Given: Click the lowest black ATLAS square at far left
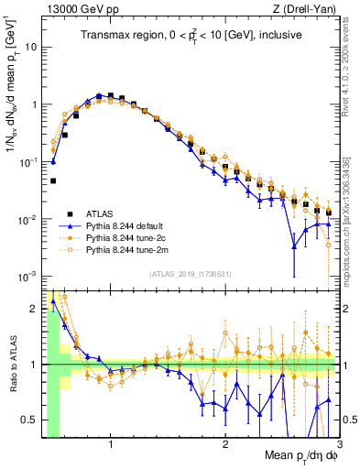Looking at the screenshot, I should (x=53, y=181).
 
